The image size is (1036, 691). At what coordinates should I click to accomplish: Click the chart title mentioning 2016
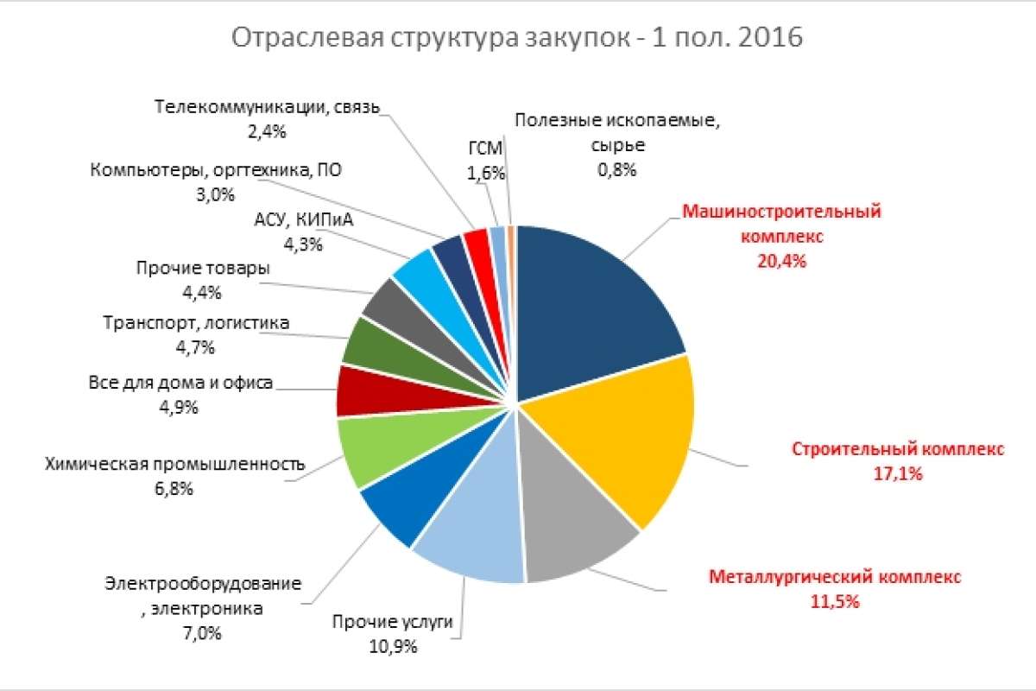point(516,39)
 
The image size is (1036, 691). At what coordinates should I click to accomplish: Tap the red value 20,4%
point(781,260)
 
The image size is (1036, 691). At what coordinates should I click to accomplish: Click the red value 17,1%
point(898,473)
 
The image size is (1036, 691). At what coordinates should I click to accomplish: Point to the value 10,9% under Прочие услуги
point(393,646)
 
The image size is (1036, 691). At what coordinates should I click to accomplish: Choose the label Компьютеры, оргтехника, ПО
point(216,170)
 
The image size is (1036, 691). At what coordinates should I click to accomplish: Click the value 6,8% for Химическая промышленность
point(175,488)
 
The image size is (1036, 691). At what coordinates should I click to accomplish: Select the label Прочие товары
point(202,269)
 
